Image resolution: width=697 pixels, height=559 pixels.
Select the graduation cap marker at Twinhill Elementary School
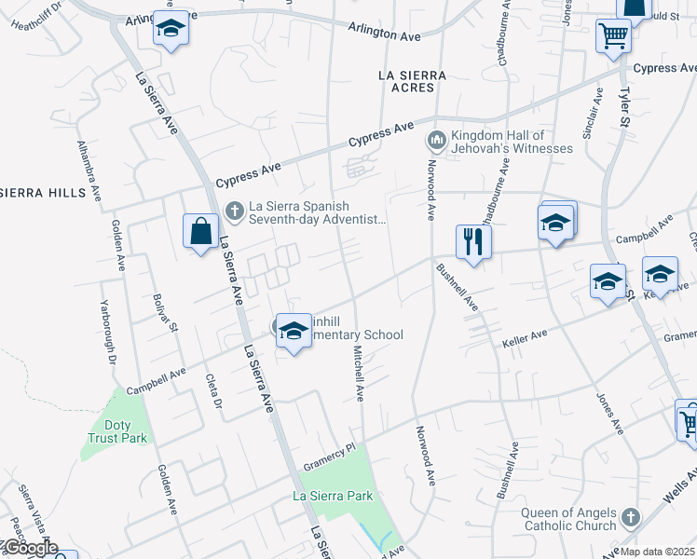(x=294, y=333)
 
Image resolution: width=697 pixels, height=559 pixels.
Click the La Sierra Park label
(x=334, y=495)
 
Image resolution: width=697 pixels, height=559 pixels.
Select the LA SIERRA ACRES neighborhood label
(x=413, y=81)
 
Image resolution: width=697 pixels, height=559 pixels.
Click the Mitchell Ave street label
(x=359, y=374)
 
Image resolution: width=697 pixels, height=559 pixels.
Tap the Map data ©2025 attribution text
(x=658, y=552)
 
